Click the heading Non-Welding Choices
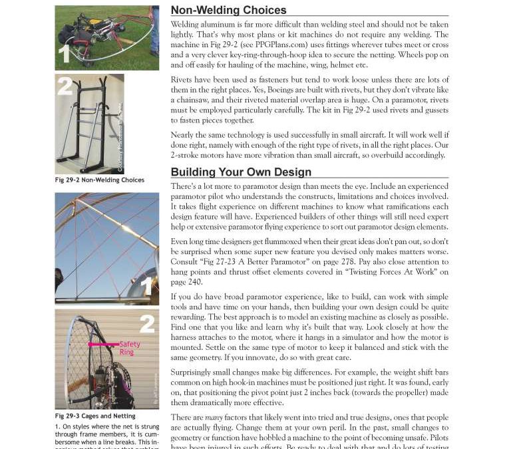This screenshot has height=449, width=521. click(228, 10)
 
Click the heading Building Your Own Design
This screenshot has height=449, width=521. click(241, 172)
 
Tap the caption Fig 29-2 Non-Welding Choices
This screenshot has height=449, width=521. click(99, 180)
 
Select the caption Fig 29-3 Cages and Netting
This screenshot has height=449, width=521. click(95, 416)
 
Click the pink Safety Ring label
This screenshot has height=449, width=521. click(130, 348)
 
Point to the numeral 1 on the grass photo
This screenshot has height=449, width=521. click(64, 55)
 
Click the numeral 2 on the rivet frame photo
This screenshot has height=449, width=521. click(65, 86)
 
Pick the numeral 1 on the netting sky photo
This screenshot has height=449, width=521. click(148, 286)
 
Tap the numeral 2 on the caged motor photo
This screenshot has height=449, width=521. click(147, 324)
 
